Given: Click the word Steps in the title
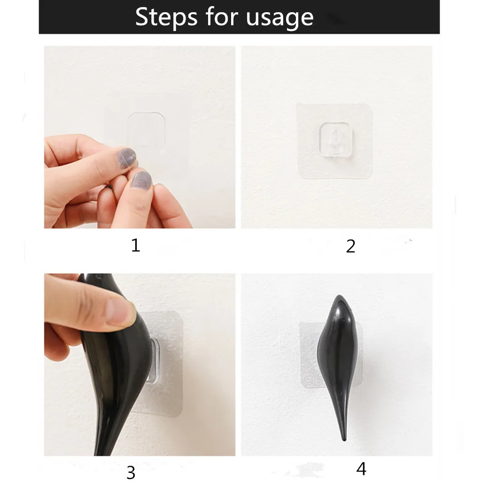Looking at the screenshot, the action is [x=166, y=17].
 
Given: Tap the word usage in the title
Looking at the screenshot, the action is [x=279, y=19].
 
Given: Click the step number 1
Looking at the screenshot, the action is [x=136, y=245].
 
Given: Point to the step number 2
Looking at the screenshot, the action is [x=350, y=246].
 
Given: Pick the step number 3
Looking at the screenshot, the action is [x=131, y=472].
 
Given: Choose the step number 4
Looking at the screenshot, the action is [x=361, y=468].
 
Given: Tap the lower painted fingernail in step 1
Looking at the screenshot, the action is [x=141, y=180].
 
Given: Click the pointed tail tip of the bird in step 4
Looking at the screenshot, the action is [x=344, y=439].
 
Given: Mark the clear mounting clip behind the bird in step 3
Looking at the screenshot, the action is [x=154, y=361].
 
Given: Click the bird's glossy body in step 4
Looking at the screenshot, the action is [x=337, y=353].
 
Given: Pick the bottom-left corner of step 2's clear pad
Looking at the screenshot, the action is [x=299, y=177].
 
